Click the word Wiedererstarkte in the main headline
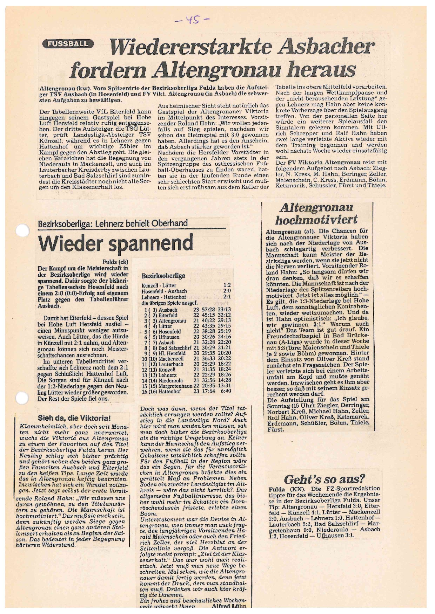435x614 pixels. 189,47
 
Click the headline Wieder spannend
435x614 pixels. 116,242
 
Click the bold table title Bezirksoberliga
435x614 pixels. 163,276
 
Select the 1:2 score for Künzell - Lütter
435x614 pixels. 227,285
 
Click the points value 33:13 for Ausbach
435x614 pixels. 224,310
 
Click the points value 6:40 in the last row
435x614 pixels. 225,391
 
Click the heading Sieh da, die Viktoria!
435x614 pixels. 74,418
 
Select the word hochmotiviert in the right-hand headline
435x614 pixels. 316,220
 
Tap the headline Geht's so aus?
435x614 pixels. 324,479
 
